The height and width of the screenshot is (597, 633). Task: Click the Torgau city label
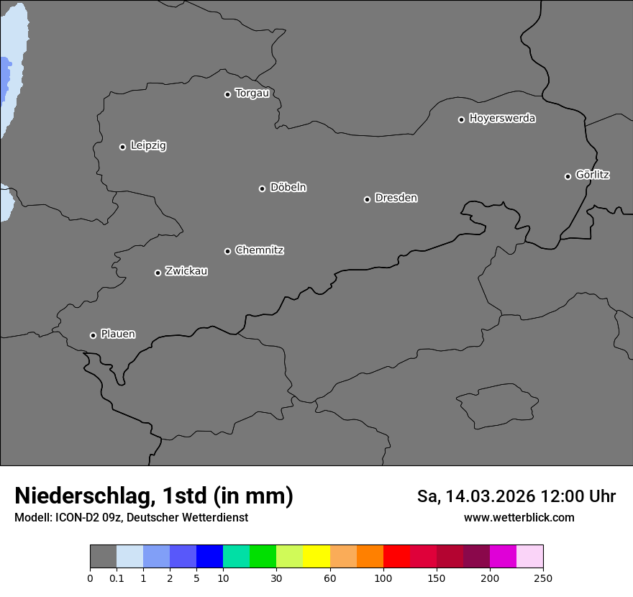click(x=252, y=94)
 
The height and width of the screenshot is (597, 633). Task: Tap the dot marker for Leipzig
click(x=122, y=147)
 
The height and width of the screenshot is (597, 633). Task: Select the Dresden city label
click(x=396, y=198)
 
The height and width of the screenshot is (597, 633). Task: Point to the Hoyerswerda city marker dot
click(x=462, y=119)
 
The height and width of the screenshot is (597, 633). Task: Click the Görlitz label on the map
click(x=593, y=175)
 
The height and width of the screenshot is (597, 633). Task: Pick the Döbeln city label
click(x=288, y=188)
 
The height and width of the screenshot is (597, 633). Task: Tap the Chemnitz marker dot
click(x=227, y=251)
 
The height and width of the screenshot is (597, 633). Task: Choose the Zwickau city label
click(x=186, y=271)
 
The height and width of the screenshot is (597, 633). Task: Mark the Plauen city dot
click(x=93, y=335)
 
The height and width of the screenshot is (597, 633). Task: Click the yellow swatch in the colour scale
click(x=316, y=557)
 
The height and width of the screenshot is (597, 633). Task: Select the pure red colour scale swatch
click(x=396, y=557)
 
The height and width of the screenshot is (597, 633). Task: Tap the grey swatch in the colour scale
click(x=103, y=557)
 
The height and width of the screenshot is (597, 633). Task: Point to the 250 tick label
click(x=543, y=578)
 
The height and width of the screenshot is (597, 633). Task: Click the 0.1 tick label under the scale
click(x=117, y=578)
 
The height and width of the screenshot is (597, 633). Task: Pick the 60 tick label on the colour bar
click(x=330, y=578)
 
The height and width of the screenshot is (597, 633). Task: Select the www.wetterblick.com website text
click(x=519, y=518)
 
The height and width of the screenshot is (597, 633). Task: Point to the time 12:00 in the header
click(x=567, y=496)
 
